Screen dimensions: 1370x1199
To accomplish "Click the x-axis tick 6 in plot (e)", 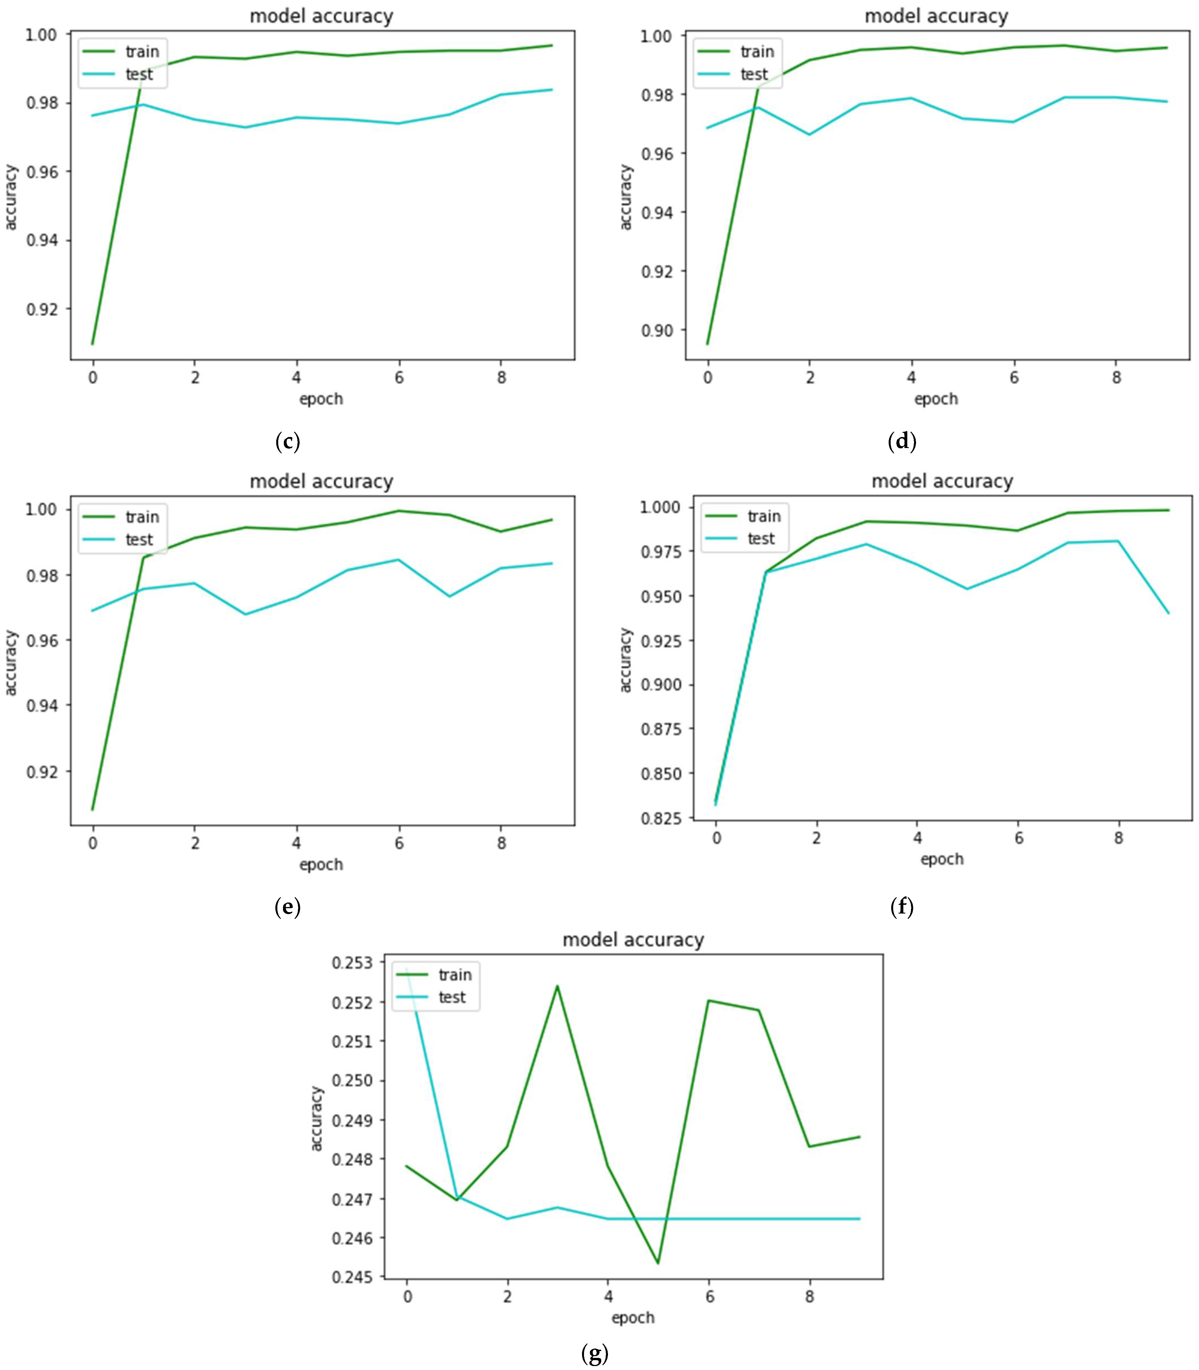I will coord(399,843).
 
